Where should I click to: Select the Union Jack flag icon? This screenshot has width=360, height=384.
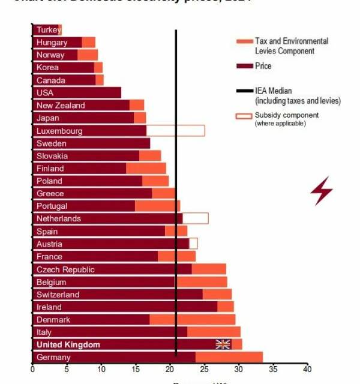click(x=223, y=344)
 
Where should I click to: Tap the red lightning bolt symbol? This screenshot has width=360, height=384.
click(x=321, y=191)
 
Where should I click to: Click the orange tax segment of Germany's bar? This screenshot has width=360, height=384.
click(x=229, y=357)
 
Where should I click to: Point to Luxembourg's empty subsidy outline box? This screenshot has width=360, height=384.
click(x=175, y=130)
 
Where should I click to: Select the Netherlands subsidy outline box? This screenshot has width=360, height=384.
click(x=195, y=218)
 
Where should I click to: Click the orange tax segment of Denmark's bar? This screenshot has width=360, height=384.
click(x=192, y=319)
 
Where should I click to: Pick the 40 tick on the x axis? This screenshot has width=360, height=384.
click(x=307, y=369)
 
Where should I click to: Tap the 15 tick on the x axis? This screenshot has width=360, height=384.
click(x=135, y=369)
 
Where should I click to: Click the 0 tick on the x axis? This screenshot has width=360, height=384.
click(x=32, y=369)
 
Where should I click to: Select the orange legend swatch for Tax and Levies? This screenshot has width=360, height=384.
click(x=244, y=41)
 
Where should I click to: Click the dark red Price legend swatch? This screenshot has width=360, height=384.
click(x=244, y=66)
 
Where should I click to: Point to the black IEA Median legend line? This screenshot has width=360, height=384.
click(x=244, y=91)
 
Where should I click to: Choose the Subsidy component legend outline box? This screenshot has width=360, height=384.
click(x=244, y=115)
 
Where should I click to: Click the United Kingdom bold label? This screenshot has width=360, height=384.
click(x=68, y=344)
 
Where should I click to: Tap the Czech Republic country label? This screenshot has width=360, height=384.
click(x=65, y=269)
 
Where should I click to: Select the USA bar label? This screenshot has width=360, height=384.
click(x=45, y=92)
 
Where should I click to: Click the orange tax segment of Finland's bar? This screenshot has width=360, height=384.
click(x=146, y=169)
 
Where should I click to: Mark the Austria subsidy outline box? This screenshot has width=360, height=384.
click(x=193, y=244)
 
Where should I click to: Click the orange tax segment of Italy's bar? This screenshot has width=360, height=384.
click(x=214, y=332)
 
